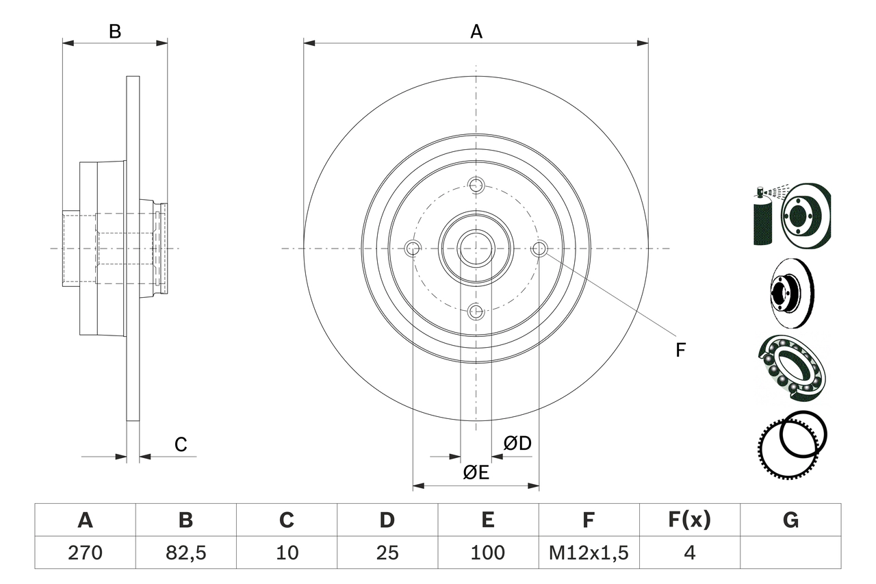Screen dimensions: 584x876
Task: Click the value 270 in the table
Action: (x=85, y=553)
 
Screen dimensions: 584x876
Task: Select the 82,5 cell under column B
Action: (x=185, y=553)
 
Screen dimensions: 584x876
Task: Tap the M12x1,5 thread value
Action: (x=589, y=553)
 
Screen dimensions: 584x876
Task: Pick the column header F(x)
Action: (x=689, y=520)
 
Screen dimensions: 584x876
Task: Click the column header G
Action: (x=790, y=520)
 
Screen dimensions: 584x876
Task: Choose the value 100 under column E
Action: (x=488, y=553)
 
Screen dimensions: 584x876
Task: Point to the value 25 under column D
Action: (x=387, y=553)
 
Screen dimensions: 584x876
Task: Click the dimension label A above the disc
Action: (x=476, y=31)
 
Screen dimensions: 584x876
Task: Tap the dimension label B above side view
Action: (x=115, y=31)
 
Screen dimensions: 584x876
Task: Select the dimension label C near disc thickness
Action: (x=180, y=445)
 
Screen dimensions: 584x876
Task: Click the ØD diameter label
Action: (x=517, y=444)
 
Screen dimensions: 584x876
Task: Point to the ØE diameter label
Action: (x=476, y=472)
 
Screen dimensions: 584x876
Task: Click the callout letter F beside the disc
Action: (x=680, y=351)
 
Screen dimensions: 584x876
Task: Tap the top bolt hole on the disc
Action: (x=476, y=185)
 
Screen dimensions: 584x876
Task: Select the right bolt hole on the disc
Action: (x=539, y=249)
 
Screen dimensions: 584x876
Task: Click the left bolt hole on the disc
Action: (x=413, y=249)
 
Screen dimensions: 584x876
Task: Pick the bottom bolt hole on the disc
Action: (x=476, y=312)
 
